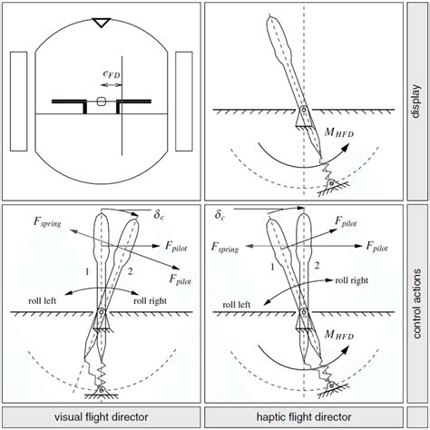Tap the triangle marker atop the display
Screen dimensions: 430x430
[x=102, y=23]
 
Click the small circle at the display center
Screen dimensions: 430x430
[x=101, y=102]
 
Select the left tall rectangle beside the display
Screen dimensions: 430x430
[x=19, y=102]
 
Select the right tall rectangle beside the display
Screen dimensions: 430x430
[x=184, y=102]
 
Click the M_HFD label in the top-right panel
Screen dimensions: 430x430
[x=338, y=132]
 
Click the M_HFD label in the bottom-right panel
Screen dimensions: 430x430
[x=338, y=335]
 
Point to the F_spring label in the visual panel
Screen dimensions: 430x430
[x=47, y=222]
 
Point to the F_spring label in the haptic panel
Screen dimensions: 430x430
[x=225, y=248]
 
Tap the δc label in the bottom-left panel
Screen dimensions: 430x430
[x=159, y=215]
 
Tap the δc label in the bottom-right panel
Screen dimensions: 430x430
[x=220, y=215]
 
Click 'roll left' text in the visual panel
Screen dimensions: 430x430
[x=43, y=301]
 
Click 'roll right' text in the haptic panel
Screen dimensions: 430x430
[x=352, y=280]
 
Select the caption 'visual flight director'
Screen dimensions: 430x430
[x=102, y=417]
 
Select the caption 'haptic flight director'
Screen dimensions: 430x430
[x=304, y=417]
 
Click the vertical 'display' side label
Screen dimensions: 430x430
[x=416, y=102]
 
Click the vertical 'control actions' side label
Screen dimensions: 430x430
[x=416, y=304]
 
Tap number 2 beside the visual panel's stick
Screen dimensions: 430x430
[x=130, y=271]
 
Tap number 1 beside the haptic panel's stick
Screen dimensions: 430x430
[x=272, y=267]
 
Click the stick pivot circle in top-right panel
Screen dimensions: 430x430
[x=304, y=109]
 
